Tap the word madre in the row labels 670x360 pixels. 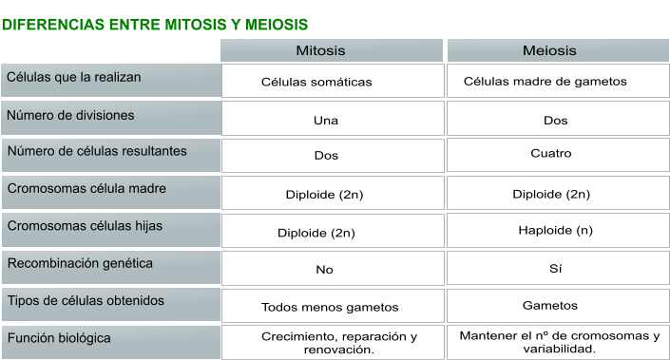145,189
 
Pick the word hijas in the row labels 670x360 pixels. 144,226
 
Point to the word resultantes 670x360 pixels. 155,152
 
